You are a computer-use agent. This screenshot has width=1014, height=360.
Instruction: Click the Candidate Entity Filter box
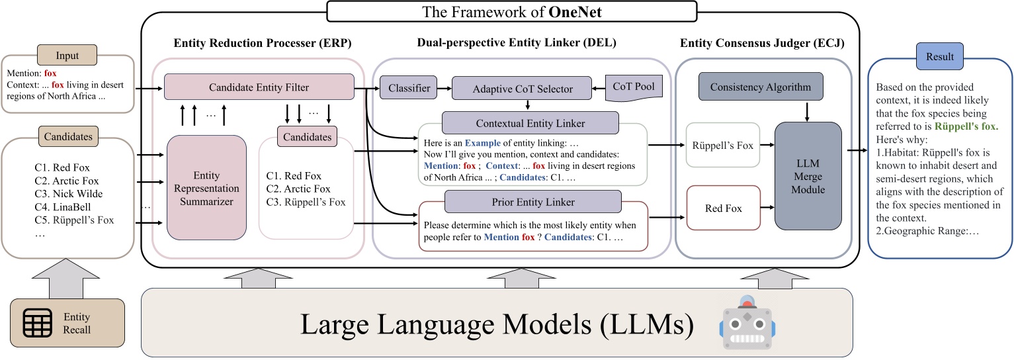(x=258, y=87)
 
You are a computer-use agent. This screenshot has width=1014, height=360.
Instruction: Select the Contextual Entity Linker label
(x=530, y=123)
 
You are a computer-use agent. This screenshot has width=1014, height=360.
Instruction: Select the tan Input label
(x=67, y=56)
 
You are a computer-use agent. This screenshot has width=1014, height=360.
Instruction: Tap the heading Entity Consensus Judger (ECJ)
(x=761, y=44)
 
